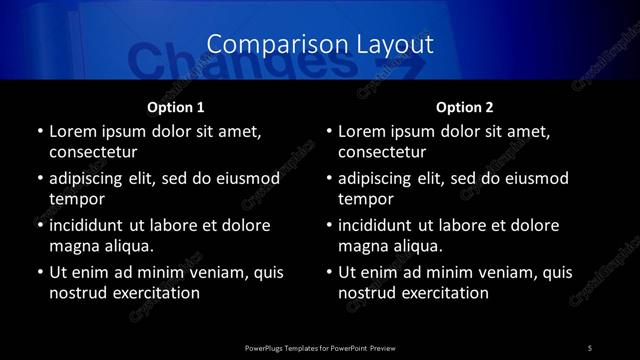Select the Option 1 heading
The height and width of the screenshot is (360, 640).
pos(175,107)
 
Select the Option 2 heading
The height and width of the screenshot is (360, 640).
pos(465,107)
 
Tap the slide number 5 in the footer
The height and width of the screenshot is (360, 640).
pos(589,347)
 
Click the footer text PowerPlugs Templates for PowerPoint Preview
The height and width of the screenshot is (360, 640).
pos(319,347)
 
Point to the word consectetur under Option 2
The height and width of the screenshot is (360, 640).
pos(383,153)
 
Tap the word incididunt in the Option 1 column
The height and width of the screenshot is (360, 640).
pos(91,225)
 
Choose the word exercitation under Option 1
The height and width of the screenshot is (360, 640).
pos(155,294)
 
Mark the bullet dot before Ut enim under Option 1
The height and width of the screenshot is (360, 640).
pos(39,272)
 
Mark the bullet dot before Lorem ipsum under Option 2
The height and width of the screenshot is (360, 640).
pos(329,131)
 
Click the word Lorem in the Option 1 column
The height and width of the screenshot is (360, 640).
pos(73,131)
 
